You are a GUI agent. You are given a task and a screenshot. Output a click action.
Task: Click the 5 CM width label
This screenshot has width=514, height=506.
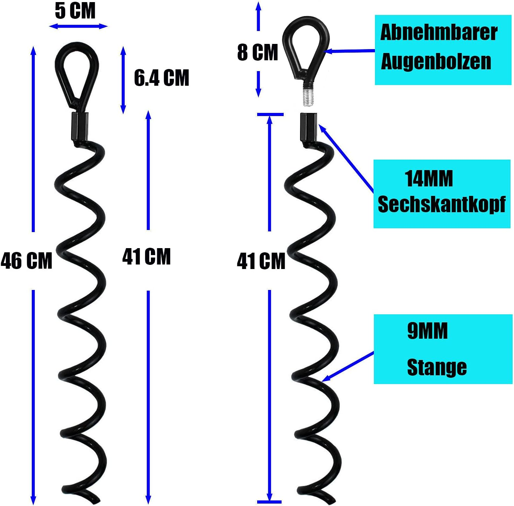pyautogui.click(x=75, y=11)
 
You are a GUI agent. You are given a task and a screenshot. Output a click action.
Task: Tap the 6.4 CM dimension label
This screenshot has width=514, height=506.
pyautogui.click(x=162, y=78)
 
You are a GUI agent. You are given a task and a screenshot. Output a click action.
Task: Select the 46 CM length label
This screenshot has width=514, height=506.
pyautogui.click(x=26, y=261)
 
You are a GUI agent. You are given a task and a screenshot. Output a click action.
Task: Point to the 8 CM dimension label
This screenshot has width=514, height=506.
pyautogui.click(x=258, y=53)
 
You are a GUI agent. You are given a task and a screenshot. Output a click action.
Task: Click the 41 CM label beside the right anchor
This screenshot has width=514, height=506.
pyautogui.click(x=261, y=261)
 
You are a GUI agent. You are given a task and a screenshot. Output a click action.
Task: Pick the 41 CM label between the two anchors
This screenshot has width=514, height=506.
pyautogui.click(x=146, y=257)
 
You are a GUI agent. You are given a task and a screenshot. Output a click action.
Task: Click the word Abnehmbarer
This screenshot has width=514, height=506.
pyautogui.click(x=439, y=33)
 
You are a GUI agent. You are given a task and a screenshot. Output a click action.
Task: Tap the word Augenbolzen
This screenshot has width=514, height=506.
pyautogui.click(x=436, y=62)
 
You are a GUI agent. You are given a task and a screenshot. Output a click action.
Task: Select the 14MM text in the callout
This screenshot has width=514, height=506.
pyautogui.click(x=429, y=179)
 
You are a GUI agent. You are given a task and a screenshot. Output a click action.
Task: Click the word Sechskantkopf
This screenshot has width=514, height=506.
pyautogui.click(x=442, y=204)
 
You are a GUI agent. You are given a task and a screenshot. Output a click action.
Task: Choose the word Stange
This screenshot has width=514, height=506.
pyautogui.click(x=437, y=367)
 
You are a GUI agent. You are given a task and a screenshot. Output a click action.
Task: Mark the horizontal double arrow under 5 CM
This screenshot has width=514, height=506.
pyautogui.click(x=78, y=26)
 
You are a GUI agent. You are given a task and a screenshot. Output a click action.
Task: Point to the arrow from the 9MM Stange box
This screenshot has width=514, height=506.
pyautogui.click(x=348, y=367)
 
